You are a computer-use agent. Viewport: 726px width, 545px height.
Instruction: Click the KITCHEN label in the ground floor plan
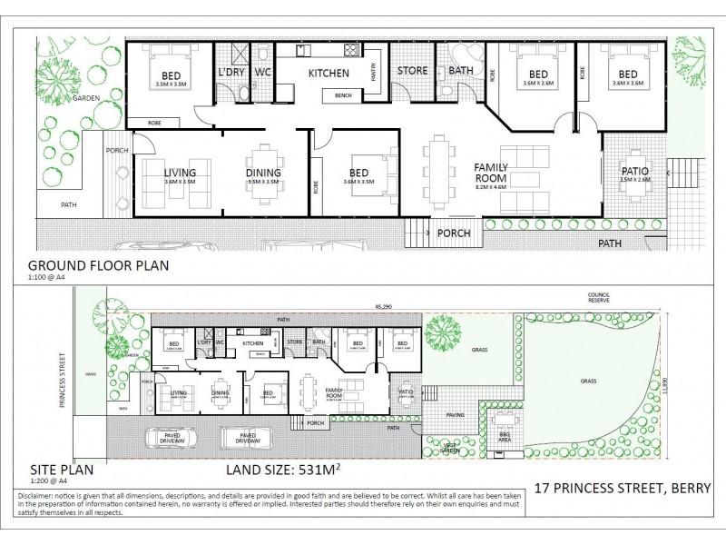pos(329,73)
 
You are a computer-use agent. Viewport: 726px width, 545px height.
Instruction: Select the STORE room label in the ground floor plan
pos(412,70)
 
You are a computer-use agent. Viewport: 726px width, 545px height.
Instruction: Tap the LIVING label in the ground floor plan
pos(180,173)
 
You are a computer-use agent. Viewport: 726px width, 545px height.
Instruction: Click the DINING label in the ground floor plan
pos(263,173)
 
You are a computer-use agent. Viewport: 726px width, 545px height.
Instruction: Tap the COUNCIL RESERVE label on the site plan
pos(600,298)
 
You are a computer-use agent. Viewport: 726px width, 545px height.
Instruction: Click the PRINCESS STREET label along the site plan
pos(64,380)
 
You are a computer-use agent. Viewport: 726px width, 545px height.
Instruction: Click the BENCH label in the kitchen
pos(343,95)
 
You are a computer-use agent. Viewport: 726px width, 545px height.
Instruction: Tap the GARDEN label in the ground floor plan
pos(86,97)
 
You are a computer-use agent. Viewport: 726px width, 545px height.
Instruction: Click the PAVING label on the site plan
pos(455,415)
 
